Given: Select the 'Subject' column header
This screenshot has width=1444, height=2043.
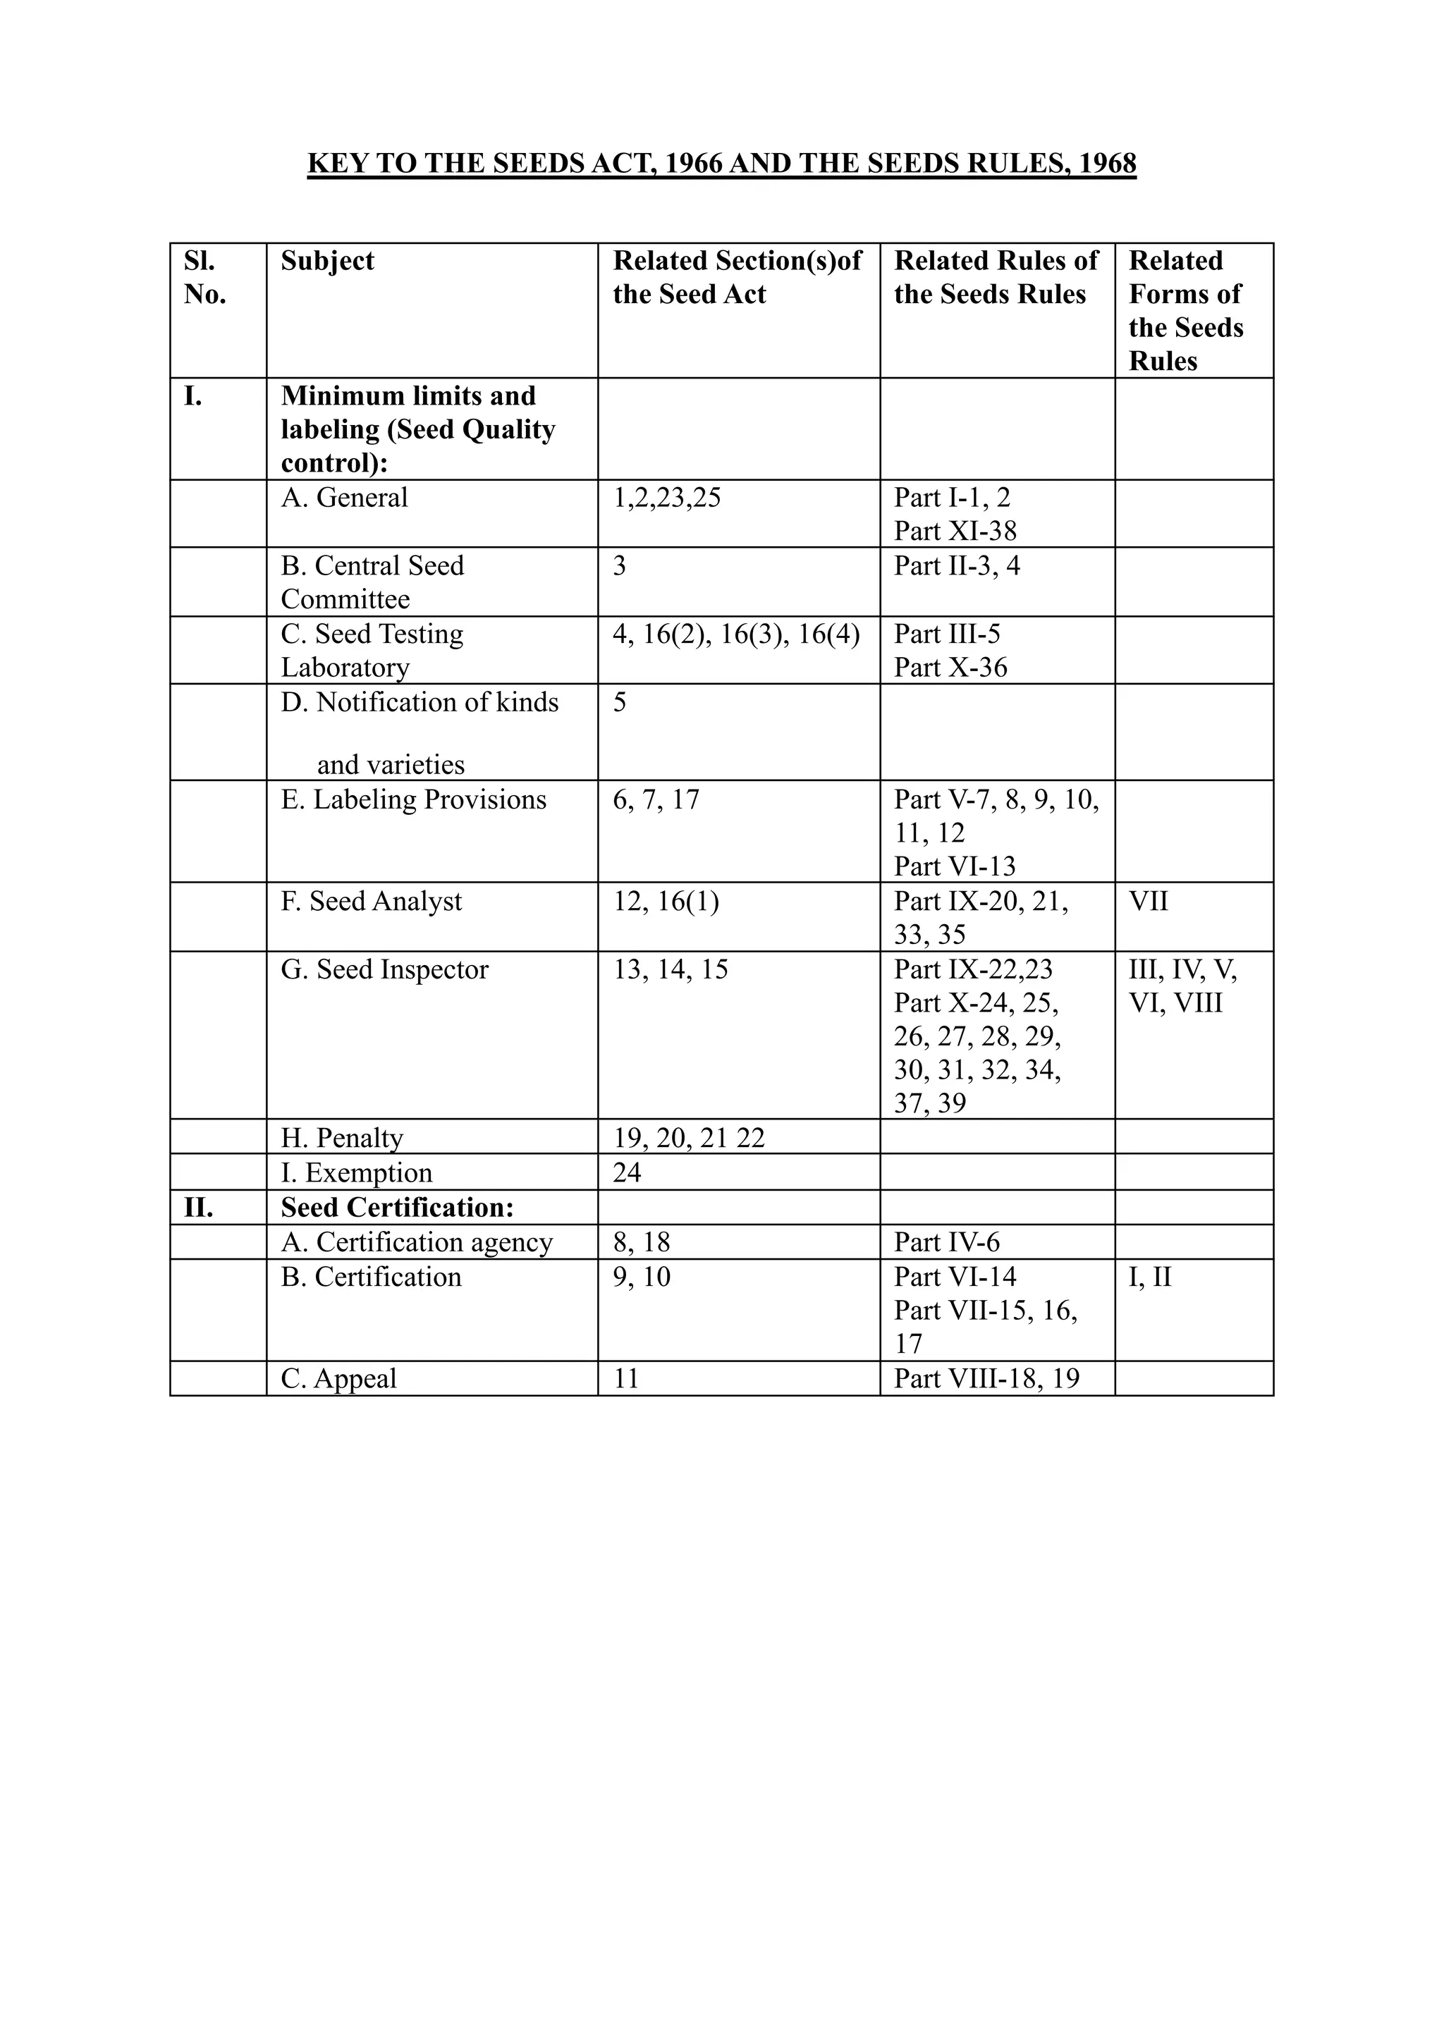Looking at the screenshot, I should [x=327, y=261].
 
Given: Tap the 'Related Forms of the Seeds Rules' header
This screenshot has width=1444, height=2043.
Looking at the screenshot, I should [x=1185, y=311].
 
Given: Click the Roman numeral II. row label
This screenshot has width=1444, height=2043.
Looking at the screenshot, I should [x=198, y=1208].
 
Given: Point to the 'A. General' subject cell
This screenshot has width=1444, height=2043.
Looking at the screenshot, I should [x=344, y=498].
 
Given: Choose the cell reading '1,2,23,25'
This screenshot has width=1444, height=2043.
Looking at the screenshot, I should [x=666, y=498].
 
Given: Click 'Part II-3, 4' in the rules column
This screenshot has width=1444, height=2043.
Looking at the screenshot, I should [x=957, y=566].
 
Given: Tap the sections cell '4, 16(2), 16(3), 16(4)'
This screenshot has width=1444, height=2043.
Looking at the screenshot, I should [x=736, y=634].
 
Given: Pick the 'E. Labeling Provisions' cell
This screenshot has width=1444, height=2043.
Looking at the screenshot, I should [x=414, y=800].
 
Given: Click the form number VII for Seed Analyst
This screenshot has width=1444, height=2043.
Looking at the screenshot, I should [x=1148, y=902].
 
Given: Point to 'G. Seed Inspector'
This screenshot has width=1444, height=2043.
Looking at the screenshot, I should [x=384, y=970].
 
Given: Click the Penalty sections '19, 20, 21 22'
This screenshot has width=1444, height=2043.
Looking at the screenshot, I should [x=689, y=1138].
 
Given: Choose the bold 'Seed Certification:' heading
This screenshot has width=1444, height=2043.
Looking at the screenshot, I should [x=398, y=1208].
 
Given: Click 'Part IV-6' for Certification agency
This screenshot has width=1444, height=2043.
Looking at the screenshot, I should [x=947, y=1242].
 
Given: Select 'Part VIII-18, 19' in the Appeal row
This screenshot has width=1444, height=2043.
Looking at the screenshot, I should [x=986, y=1378].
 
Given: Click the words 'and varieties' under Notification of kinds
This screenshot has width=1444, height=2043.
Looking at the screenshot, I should [x=391, y=764].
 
